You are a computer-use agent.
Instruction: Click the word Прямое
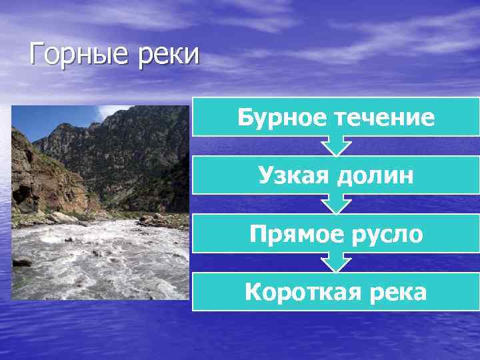point(293,234)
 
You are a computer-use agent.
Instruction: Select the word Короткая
point(297,292)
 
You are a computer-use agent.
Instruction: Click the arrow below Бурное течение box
point(336,146)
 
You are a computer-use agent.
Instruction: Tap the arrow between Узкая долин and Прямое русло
point(336,204)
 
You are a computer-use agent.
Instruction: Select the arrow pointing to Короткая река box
point(336,262)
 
